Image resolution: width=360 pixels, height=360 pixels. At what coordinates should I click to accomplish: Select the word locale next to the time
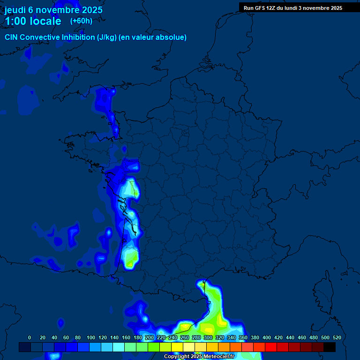pyautogui.click(x=46, y=21)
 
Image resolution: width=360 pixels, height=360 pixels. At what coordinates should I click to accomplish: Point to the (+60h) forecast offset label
pyautogui.click(x=81, y=21)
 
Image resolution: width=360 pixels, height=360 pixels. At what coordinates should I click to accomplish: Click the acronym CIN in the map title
pyautogui.click(x=11, y=37)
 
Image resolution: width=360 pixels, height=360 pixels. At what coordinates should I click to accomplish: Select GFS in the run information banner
pyautogui.click(x=261, y=8)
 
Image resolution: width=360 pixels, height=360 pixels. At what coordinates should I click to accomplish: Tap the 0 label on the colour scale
pyautogui.click(x=30, y=337)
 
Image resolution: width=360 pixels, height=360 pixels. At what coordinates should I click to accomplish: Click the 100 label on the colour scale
pyautogui.click(x=91, y=337)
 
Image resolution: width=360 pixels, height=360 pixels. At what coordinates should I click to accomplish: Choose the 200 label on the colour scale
pyautogui.click(x=150, y=337)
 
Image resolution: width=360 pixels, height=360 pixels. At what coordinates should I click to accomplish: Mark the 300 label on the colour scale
pyautogui.click(x=208, y=337)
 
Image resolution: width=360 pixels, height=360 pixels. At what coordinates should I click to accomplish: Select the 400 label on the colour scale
pyautogui.click(x=267, y=337)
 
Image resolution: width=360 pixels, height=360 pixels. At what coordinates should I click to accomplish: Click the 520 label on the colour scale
pyautogui.click(x=337, y=337)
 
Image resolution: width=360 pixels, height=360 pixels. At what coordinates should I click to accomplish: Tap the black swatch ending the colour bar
pyautogui.click(x=330, y=347)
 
